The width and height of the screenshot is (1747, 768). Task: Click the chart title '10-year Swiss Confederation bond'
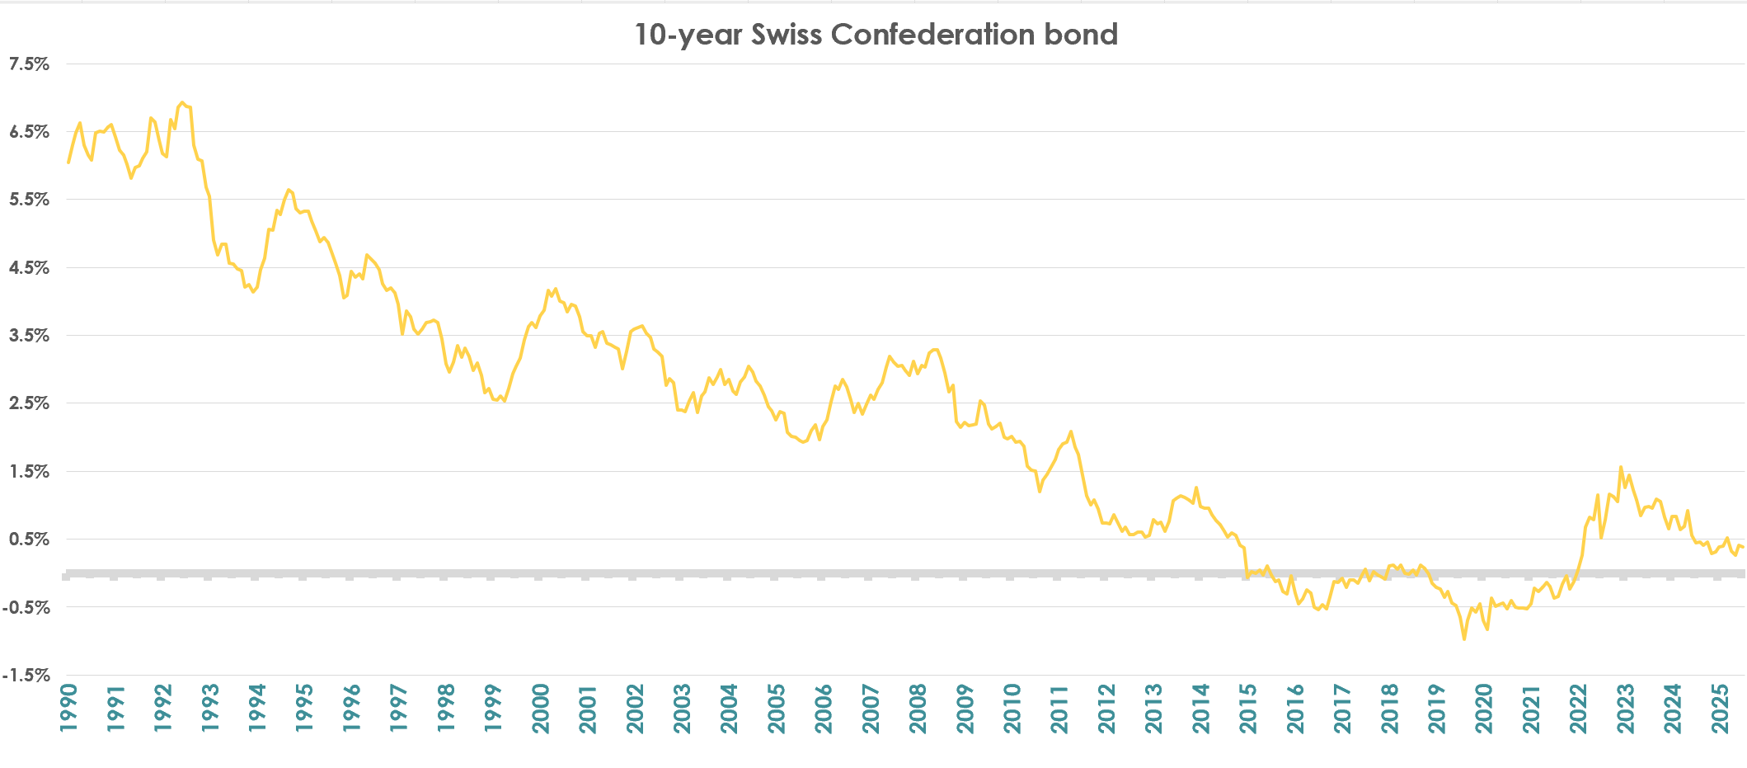point(876,35)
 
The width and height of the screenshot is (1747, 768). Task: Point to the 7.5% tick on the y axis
point(30,64)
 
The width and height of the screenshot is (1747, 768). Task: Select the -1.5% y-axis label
point(26,676)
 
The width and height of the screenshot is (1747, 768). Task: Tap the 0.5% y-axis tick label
point(30,539)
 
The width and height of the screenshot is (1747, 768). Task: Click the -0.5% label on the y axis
point(26,608)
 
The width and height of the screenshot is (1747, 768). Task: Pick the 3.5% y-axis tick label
point(30,336)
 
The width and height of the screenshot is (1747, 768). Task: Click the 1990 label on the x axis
point(68,708)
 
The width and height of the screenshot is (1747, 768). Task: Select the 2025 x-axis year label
point(1720,708)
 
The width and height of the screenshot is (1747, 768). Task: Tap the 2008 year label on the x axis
point(918,708)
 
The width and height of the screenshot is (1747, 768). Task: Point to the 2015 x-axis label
point(1248,708)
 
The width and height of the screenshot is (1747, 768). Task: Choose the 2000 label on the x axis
point(541,708)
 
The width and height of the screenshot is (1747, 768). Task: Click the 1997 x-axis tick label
point(399,708)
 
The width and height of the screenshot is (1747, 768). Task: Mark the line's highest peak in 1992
point(182,102)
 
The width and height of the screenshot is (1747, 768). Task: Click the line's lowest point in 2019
point(1464,639)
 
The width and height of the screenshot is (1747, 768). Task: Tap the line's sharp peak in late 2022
point(1621,467)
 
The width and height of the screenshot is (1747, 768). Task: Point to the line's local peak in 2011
point(1071,431)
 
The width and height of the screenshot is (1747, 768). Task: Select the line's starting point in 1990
point(68,163)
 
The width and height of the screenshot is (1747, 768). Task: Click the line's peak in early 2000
point(556,289)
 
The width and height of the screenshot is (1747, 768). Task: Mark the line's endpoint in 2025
point(1743,548)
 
